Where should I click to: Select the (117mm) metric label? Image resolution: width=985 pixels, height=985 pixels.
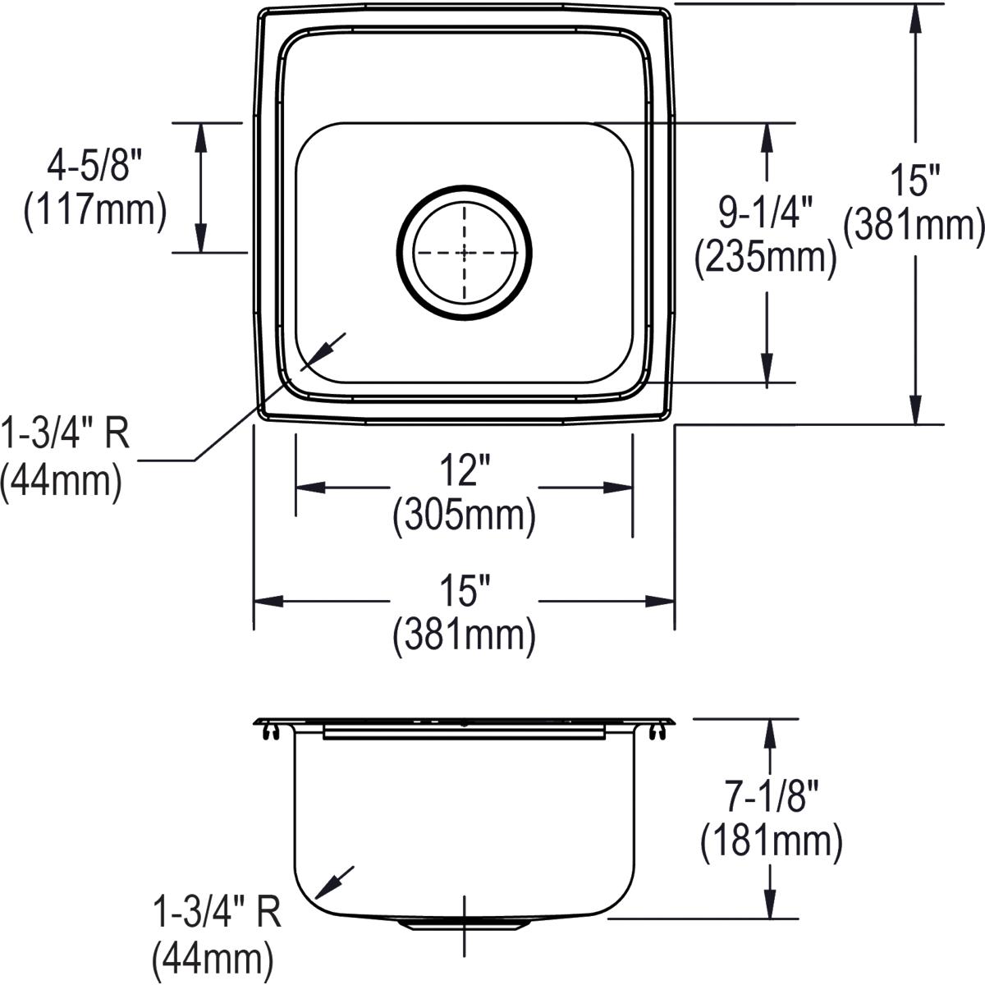click(x=95, y=211)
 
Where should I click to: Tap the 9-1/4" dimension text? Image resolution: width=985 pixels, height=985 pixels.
click(x=765, y=213)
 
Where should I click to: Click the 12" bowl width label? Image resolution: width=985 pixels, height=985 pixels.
click(x=464, y=472)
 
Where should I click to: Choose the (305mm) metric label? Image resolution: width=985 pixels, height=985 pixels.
click(x=464, y=517)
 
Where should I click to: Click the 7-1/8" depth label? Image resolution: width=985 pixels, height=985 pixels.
click(x=771, y=796)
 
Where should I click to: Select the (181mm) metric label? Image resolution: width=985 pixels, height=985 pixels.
click(x=771, y=841)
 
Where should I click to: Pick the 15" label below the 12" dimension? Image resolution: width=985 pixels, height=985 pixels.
click(x=464, y=591)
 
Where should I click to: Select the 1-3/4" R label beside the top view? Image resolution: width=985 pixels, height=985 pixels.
click(x=65, y=435)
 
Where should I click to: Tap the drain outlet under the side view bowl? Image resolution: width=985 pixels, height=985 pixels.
click(x=465, y=924)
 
